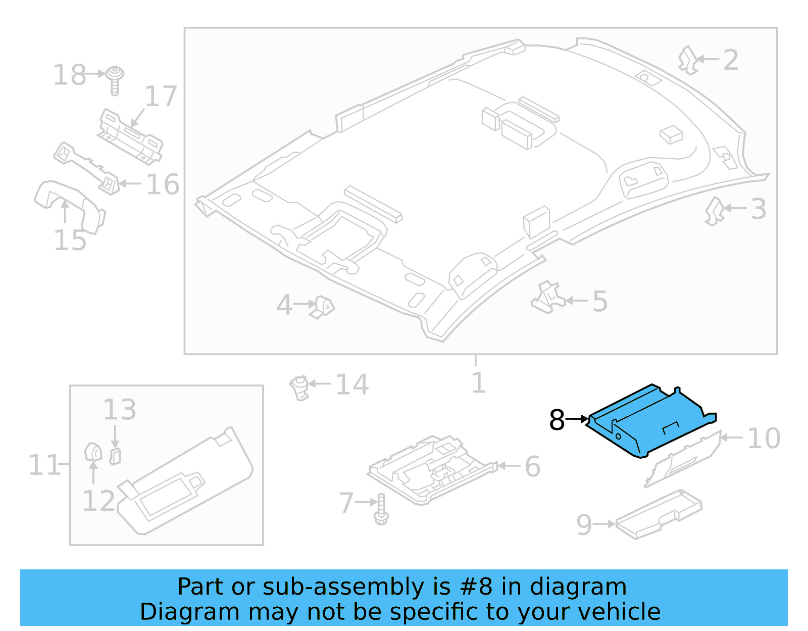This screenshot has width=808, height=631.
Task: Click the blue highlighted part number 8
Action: [651, 422]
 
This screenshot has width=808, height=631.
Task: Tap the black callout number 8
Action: [557, 420]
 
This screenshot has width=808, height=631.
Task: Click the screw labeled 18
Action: [116, 79]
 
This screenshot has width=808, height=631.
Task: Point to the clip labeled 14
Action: [299, 387]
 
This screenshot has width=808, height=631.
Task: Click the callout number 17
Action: [161, 96]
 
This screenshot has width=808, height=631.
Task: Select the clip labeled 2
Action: [688, 60]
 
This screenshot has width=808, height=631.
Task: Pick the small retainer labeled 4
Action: [322, 306]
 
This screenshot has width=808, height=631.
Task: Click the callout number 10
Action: [764, 438]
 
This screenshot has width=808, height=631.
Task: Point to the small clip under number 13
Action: [115, 456]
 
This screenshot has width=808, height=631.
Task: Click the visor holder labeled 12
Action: [93, 452]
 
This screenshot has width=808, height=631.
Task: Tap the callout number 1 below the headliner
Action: [478, 383]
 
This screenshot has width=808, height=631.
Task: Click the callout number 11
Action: [44, 465]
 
